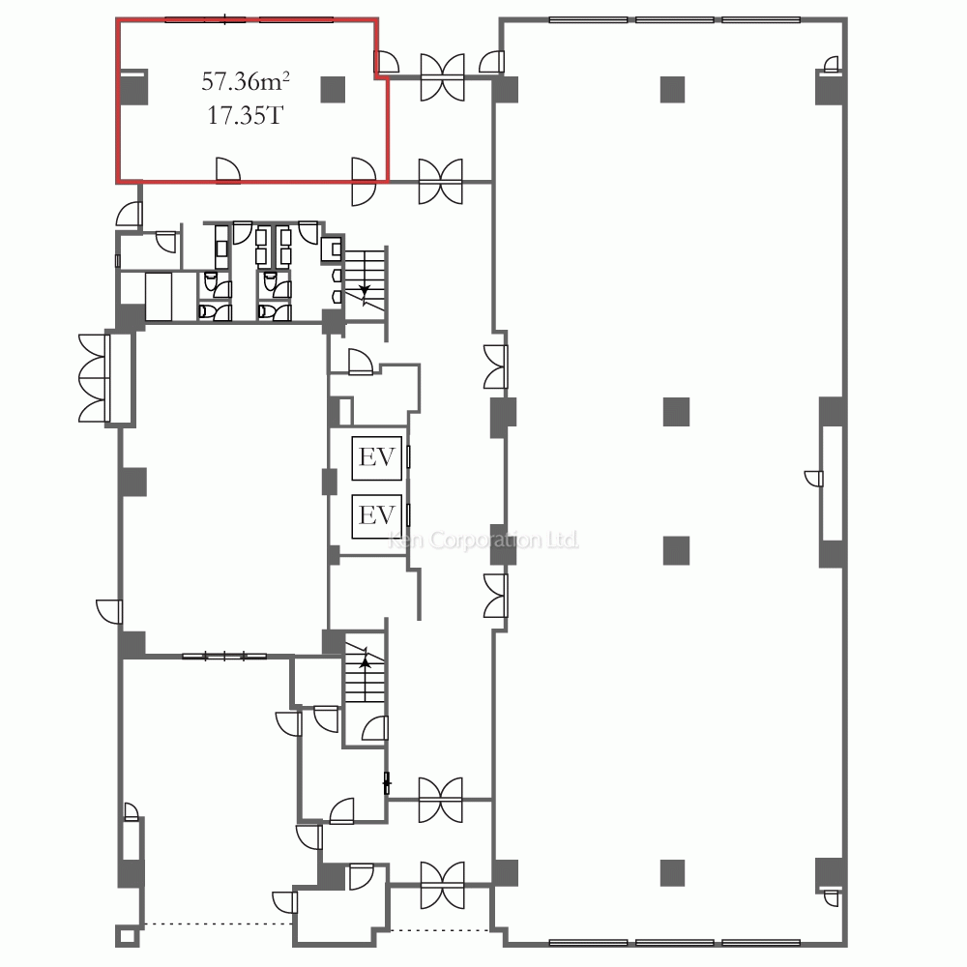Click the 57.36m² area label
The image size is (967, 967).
tap(246, 81)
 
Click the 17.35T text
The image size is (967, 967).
tap(245, 115)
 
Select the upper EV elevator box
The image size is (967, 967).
tap(377, 458)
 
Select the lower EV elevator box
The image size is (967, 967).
tap(377, 515)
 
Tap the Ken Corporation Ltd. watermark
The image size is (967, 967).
tap(483, 541)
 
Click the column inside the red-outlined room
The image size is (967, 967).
tap(333, 89)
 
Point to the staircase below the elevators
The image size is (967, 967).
tap(366, 672)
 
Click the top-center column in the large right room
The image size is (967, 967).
tap(673, 89)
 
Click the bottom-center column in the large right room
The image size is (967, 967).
tap(673, 873)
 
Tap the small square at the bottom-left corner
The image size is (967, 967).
tap(127, 936)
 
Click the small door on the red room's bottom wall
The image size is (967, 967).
tap(227, 170)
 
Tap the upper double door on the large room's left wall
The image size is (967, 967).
tap(496, 366)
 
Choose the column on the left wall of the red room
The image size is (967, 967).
tap(133, 87)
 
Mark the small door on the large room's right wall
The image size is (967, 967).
tap(814, 479)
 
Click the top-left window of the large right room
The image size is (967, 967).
tap(588, 20)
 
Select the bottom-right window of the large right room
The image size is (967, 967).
tap(761, 942)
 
